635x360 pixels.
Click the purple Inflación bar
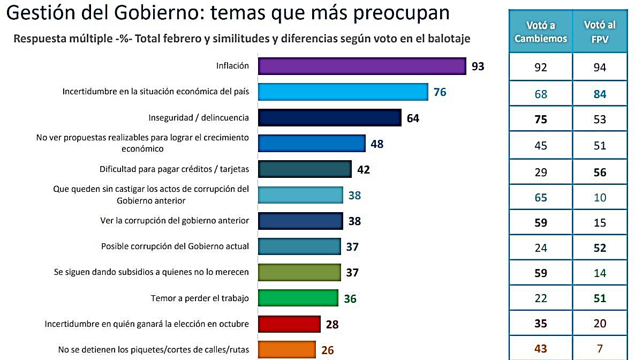tap(362, 66)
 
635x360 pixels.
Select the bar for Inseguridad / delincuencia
tap(329, 118)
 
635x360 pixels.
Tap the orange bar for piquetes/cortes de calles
tap(286, 349)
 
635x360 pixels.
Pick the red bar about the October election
tap(289, 324)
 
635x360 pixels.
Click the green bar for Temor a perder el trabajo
tap(298, 298)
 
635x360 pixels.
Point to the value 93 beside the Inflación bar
tap(478, 66)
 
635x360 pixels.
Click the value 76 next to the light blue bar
tap(440, 92)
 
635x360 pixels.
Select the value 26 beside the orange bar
tap(328, 350)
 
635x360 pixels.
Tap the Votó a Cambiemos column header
tap(541, 32)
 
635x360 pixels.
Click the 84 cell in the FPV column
tap(600, 94)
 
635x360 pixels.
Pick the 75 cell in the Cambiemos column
tap(541, 119)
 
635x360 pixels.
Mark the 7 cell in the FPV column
tap(600, 349)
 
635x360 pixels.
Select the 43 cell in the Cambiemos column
tap(541, 349)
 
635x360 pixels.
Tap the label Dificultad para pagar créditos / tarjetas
tap(174, 169)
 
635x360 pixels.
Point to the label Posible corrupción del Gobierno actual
tap(175, 246)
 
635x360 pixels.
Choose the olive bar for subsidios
tap(299, 272)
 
